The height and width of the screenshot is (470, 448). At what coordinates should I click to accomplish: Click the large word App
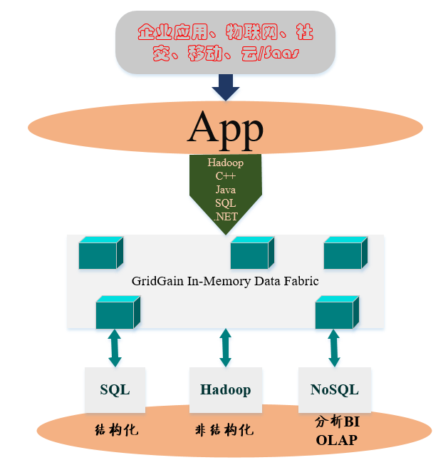226,128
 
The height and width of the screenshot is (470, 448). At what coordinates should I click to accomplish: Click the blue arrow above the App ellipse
226,88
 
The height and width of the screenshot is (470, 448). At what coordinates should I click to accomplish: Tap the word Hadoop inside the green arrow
226,163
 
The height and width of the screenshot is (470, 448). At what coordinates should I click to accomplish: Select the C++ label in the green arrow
226,176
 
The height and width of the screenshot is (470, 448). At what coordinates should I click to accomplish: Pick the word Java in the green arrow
226,190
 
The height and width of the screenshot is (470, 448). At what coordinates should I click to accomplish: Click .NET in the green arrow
226,217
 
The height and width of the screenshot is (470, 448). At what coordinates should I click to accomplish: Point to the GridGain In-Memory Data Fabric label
225,281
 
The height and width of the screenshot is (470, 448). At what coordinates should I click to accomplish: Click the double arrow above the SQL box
115,347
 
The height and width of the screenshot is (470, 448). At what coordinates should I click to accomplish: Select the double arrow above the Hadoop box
226,347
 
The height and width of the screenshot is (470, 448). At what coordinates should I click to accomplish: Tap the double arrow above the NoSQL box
334,347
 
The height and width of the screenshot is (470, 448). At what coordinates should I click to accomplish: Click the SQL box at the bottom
115,390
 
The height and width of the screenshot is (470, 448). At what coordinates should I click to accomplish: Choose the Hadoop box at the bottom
226,390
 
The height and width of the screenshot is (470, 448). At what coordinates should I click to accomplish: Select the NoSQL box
334,390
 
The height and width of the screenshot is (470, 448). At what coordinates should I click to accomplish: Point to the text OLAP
337,440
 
